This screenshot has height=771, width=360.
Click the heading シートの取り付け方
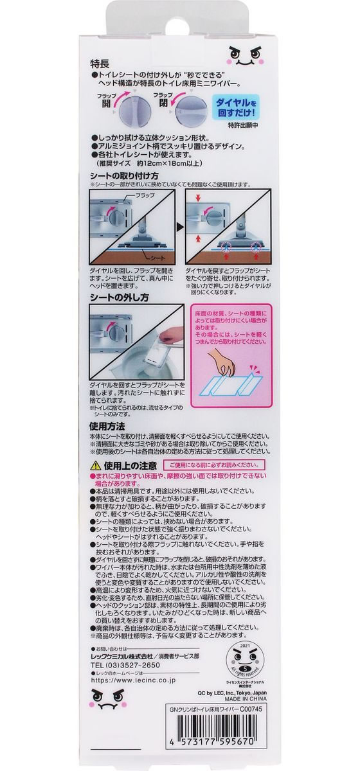click(123, 175)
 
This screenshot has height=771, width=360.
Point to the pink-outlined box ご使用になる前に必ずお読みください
click(210, 464)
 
